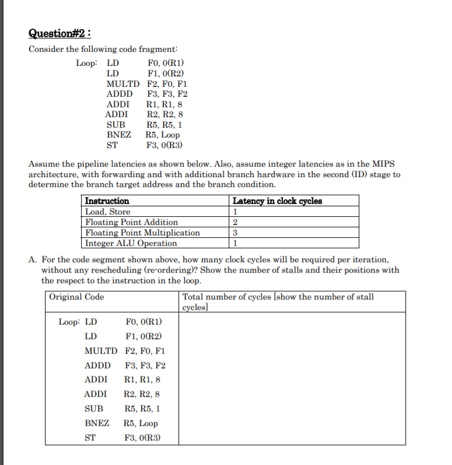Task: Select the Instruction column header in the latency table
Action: point(107,201)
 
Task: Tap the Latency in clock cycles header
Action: point(277,201)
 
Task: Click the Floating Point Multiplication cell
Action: point(142,233)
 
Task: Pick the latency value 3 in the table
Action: point(235,233)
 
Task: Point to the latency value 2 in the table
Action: point(235,222)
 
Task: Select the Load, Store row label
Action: point(108,212)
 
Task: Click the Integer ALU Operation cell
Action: point(131,243)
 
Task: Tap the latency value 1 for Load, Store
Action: point(235,212)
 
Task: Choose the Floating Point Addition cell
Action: point(132,222)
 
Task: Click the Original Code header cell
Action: point(77,297)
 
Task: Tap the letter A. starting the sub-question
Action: point(33,259)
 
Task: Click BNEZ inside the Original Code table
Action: point(97,424)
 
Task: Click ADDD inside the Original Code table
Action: point(97,365)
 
